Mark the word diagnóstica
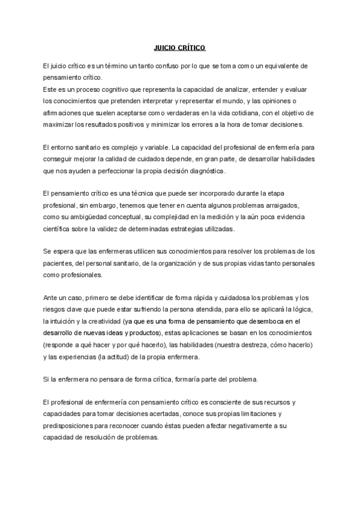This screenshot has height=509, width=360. click(204, 171)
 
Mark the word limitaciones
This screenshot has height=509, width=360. click(259, 414)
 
